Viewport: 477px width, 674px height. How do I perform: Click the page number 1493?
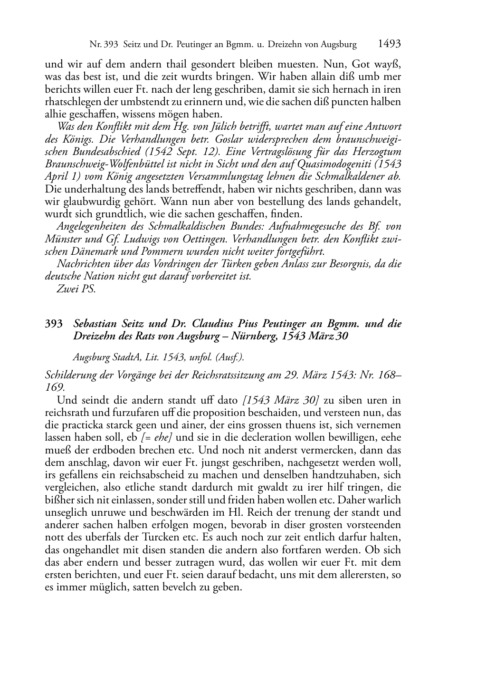point(390,44)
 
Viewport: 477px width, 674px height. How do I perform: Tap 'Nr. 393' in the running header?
point(105,45)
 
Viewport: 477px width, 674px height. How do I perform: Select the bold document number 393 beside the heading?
point(54,324)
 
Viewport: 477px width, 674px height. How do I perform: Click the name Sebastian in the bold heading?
point(95,324)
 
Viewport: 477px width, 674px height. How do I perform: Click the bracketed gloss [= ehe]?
point(156,437)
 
